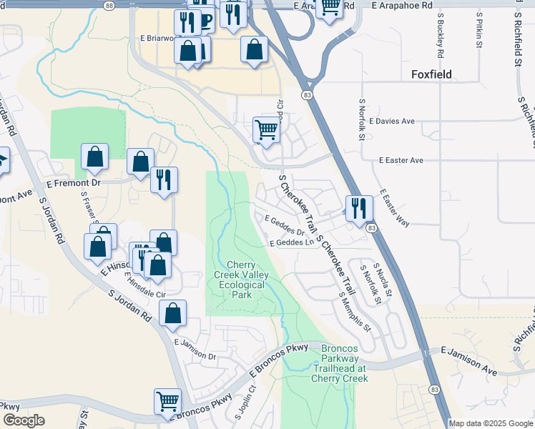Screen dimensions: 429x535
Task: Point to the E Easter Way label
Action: click(395, 208)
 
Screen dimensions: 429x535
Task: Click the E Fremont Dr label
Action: click(74, 183)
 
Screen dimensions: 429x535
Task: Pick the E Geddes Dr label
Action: click(285, 225)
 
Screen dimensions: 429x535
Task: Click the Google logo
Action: click(24, 420)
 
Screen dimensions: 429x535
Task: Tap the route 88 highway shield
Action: click(109, 5)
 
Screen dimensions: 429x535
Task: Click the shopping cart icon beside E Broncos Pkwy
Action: click(168, 401)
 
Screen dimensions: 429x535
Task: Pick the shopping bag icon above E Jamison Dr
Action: click(172, 312)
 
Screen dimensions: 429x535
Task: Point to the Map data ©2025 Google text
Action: click(491, 423)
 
